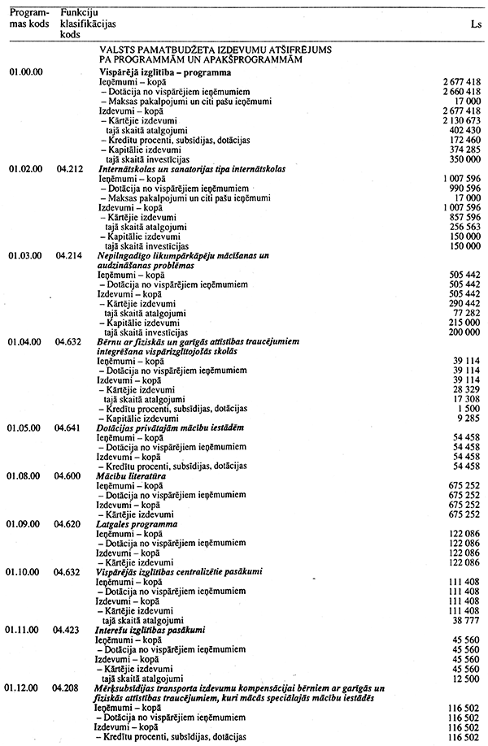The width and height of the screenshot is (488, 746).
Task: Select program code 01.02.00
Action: (x=25, y=168)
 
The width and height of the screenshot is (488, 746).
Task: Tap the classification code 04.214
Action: (x=72, y=255)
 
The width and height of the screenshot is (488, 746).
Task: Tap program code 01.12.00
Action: (x=25, y=687)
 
